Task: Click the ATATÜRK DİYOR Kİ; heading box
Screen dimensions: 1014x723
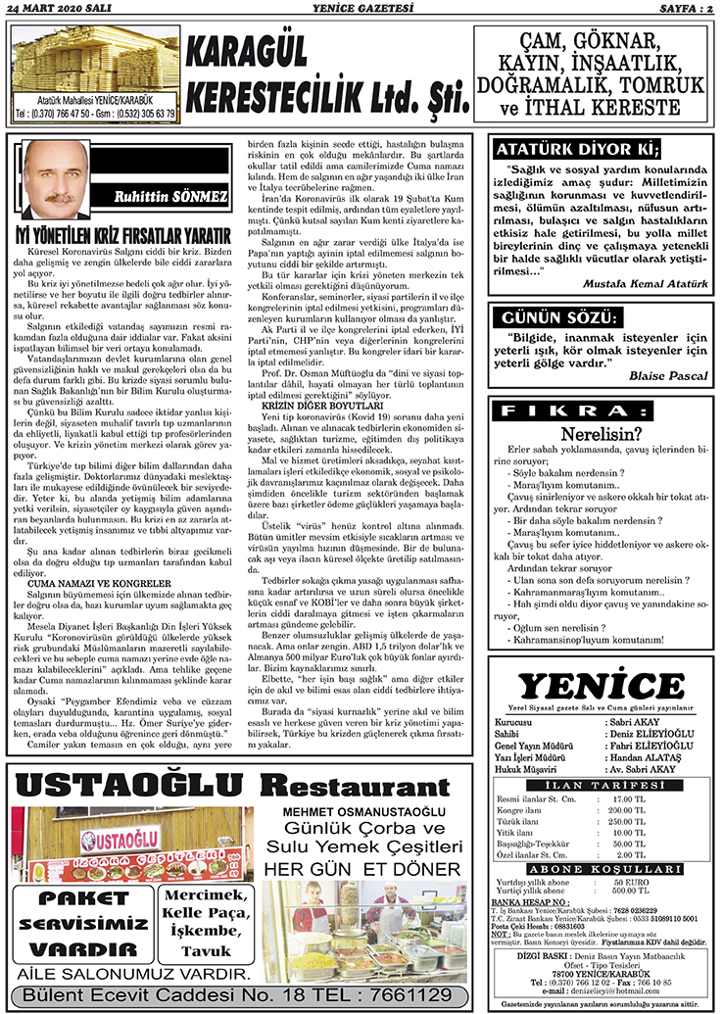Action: pyautogui.click(x=576, y=150)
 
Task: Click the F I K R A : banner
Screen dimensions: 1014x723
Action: pyautogui.click(x=599, y=410)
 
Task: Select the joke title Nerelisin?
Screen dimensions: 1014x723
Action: pyautogui.click(x=601, y=432)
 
